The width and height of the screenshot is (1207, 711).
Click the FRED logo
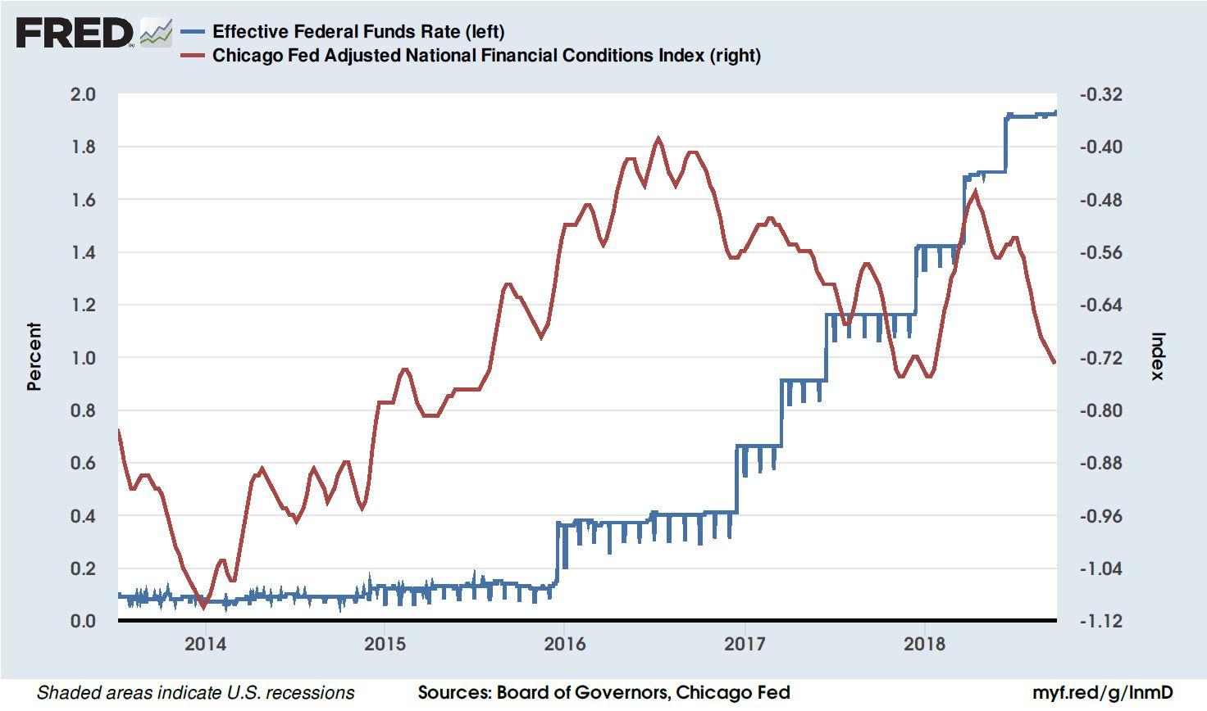coord(74,33)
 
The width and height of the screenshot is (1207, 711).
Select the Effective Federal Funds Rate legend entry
coord(358,31)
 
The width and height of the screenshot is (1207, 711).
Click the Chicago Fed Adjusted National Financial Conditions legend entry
coord(485,56)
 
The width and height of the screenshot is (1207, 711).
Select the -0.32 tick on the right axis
coord(1101,94)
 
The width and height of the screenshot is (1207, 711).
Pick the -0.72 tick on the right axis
coord(1101,358)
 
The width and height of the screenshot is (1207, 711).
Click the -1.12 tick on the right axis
coord(1101,621)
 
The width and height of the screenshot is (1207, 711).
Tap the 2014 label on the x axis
coord(205,644)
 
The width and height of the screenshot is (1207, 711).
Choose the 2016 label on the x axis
coord(565,644)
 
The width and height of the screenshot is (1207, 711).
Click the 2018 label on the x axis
coord(925,644)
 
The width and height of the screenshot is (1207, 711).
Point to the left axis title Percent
coord(34,356)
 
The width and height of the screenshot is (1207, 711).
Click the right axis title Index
coord(1157,356)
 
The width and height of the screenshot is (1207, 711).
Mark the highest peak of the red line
coord(658,138)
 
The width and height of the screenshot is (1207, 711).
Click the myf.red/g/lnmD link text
coord(1101,693)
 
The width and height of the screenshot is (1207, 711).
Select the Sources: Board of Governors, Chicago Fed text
coord(603,693)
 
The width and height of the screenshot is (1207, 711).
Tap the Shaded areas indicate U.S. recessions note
coord(196,693)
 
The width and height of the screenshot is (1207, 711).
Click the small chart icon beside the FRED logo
coord(156,33)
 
